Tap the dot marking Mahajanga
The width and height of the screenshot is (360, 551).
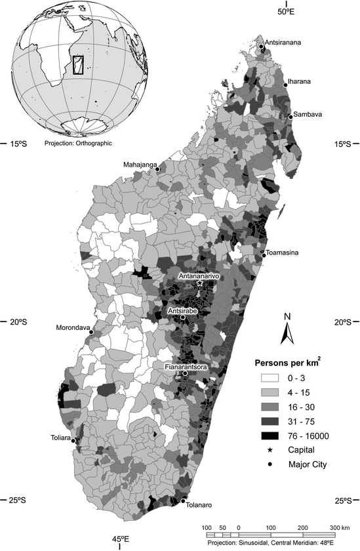click(158, 169)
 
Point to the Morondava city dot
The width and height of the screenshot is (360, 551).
click(91, 332)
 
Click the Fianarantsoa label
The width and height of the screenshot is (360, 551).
click(186, 367)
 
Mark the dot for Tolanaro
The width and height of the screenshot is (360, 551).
click(183, 502)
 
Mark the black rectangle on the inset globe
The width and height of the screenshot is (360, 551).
click(77, 65)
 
